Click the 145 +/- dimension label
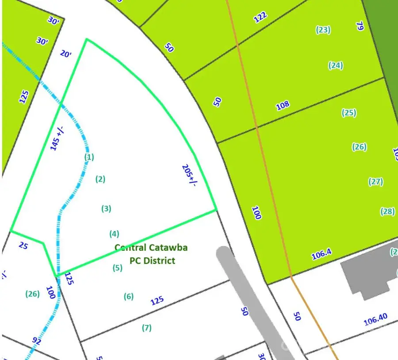click(57, 138)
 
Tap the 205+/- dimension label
click(189, 176)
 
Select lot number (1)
click(89, 156)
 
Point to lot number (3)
click(106, 208)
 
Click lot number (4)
click(114, 234)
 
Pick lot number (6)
click(129, 296)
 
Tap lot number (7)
click(147, 328)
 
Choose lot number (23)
click(323, 30)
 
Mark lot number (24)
click(336, 65)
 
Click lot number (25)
click(349, 113)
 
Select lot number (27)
click(375, 182)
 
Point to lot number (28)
click(387, 212)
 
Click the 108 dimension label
click(283, 105)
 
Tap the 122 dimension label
click(260, 17)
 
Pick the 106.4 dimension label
click(321, 254)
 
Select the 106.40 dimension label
click(375, 319)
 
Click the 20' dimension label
click(65, 54)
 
